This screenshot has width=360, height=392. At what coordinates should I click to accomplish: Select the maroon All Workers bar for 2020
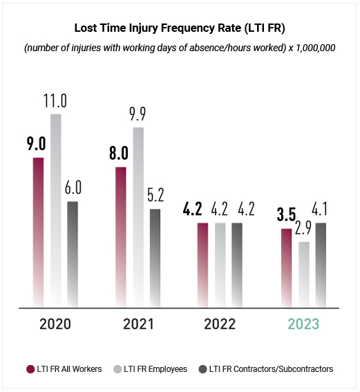coord(38,232)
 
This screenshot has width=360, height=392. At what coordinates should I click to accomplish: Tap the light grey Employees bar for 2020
coord(56,211)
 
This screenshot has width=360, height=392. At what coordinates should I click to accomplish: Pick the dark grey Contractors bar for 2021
coord(155,259)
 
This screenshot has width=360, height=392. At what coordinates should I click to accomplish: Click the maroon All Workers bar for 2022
coord(202,265)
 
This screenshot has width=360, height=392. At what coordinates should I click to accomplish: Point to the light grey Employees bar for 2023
coord(304,274)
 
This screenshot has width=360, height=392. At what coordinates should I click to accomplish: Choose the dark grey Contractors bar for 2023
coord(321,265)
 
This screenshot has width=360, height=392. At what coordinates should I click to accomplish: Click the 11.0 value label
coord(55,101)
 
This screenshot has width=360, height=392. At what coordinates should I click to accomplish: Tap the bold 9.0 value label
coord(37,144)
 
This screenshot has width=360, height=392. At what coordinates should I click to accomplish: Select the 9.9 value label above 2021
coord(138,114)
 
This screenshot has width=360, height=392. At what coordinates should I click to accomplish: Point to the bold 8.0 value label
coord(119,153)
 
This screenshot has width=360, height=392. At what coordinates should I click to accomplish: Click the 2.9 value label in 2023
coord(303,228)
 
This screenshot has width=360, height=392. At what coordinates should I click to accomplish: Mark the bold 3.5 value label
coord(286,214)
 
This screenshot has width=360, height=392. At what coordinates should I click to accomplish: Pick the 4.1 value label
coord(319,209)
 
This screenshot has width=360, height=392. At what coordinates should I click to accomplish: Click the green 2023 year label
coord(303,324)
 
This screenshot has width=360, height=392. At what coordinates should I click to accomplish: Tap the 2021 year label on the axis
coord(138,324)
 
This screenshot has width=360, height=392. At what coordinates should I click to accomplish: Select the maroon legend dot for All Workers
coord(30,369)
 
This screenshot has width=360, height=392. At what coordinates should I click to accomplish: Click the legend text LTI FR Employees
coord(155,369)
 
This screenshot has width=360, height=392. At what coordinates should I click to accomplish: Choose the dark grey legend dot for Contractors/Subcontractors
coord(202,369)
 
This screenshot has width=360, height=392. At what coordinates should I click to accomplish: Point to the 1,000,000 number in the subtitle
coord(316,48)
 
